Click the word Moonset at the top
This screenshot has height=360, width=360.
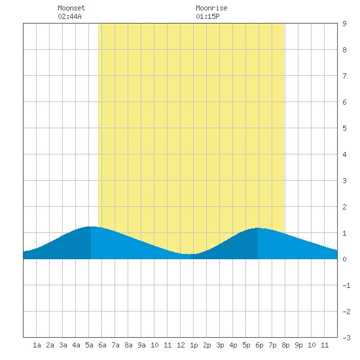tap(71, 8)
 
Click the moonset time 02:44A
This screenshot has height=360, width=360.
tap(69, 16)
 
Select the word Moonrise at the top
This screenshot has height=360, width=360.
tap(211, 8)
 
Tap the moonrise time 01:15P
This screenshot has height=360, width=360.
tap(207, 16)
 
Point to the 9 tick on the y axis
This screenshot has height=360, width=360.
tap(344, 24)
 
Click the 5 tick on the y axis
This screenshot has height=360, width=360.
tap(344, 128)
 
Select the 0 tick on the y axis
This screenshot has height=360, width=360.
tap(344, 259)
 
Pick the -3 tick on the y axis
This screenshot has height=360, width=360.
tap(346, 338)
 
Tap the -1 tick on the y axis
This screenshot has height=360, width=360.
tap(346, 285)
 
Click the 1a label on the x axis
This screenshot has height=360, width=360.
tap(37, 345)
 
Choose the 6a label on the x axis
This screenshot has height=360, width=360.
tap(102, 345)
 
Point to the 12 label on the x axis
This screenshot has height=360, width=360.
tap(181, 345)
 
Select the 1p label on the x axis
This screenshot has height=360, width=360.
tap(194, 345)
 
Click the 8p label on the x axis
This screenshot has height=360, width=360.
tap(285, 345)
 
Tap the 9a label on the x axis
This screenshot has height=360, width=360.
tap(141, 345)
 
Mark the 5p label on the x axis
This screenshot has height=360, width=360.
tap(246, 345)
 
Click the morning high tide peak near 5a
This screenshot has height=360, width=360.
tap(91, 226)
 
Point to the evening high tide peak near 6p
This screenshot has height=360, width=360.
tap(258, 228)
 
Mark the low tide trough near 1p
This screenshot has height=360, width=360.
tap(190, 254)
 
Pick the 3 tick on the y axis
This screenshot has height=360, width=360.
tap(344, 181)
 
